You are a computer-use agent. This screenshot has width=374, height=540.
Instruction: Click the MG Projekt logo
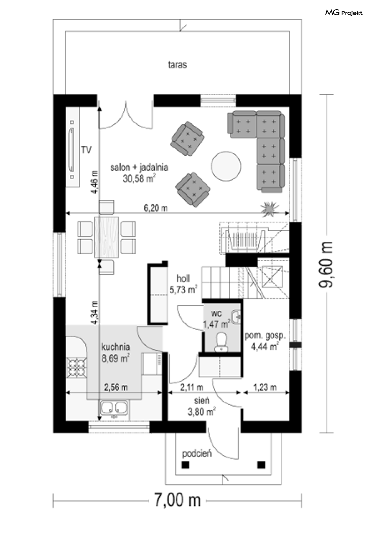(344, 13)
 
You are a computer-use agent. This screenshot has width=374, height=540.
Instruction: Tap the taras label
(177, 65)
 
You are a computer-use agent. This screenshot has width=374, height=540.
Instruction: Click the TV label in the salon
(86, 150)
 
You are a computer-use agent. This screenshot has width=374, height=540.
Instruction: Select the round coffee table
(226, 166)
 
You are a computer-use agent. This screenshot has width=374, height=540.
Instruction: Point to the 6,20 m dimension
(155, 208)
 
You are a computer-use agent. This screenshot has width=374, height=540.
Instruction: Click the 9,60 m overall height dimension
(325, 264)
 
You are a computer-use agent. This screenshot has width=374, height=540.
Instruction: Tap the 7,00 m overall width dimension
(177, 500)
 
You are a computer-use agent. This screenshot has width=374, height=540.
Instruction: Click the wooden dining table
(107, 237)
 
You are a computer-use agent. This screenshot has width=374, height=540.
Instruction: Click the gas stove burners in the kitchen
(76, 368)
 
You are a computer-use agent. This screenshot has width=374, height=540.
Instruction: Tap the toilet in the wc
(221, 341)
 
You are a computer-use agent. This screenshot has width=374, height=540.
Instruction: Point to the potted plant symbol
(270, 209)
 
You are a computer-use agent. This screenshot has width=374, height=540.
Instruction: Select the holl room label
(183, 278)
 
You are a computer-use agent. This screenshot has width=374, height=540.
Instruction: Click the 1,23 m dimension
(265, 387)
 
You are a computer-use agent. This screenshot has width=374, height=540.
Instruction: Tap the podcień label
(197, 454)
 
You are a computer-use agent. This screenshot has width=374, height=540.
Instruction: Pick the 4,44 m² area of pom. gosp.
(265, 347)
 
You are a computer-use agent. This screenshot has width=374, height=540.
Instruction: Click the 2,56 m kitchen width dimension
(116, 387)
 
